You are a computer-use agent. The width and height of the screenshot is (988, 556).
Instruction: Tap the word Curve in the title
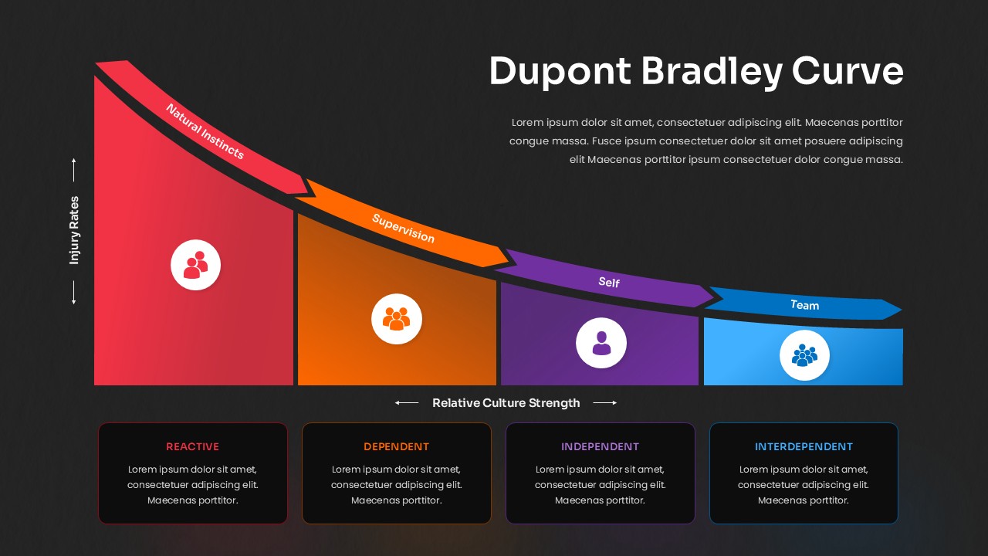tap(848, 71)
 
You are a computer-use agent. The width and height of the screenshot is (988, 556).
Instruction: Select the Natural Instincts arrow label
tap(205, 131)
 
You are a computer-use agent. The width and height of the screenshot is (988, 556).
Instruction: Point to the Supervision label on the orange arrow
tap(403, 229)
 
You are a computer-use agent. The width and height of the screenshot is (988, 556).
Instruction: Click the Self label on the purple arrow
tap(609, 282)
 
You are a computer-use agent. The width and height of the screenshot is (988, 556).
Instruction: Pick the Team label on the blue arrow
tap(804, 305)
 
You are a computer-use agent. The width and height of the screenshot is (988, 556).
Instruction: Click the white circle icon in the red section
tap(195, 265)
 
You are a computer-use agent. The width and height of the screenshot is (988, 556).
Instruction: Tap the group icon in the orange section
tap(396, 318)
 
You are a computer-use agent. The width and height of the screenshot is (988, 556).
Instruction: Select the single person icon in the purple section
tap(601, 343)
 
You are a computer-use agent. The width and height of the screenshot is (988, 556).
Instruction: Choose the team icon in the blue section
tap(804, 356)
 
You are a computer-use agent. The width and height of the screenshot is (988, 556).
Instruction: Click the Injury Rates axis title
tap(75, 230)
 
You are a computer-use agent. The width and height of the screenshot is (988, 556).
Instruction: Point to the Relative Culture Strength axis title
tap(506, 402)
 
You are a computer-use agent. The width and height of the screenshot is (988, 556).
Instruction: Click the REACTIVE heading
tap(192, 446)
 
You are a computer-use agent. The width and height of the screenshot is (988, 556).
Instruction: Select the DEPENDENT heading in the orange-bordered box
tap(396, 446)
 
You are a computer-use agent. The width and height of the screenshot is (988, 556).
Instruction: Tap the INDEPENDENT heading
tap(600, 446)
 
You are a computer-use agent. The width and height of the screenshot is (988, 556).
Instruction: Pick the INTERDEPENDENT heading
tap(804, 446)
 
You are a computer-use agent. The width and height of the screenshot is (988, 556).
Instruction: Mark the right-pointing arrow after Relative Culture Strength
tap(605, 402)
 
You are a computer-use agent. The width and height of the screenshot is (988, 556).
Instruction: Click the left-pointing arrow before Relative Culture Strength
tap(407, 402)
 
